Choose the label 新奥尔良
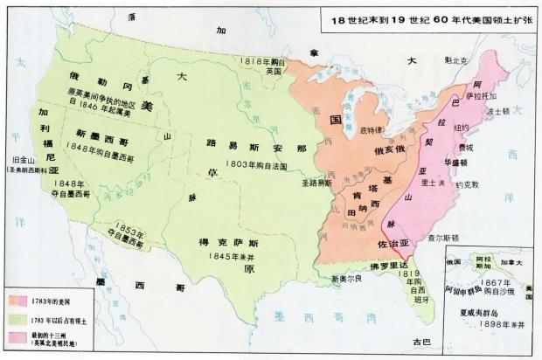(344, 279)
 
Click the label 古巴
(422, 339)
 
